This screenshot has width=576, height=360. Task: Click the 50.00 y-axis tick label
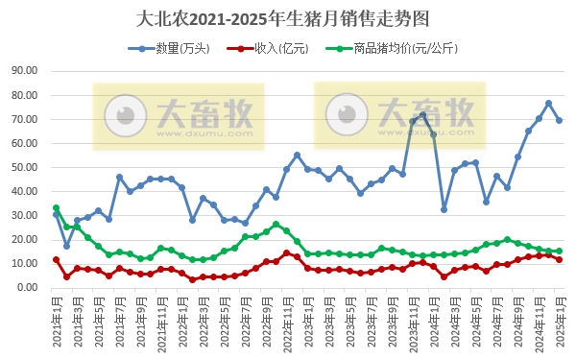(22, 167)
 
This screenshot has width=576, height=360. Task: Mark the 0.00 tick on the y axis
(25, 288)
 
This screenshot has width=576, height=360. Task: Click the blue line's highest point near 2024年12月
(549, 104)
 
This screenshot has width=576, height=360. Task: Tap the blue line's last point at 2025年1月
(560, 120)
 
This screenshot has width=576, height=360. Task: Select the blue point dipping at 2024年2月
(444, 209)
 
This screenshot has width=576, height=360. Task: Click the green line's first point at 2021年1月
(56, 207)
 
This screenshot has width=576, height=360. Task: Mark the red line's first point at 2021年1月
(56, 259)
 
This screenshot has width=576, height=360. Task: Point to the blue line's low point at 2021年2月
(66, 246)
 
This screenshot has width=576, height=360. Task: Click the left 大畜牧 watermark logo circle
(123, 116)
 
